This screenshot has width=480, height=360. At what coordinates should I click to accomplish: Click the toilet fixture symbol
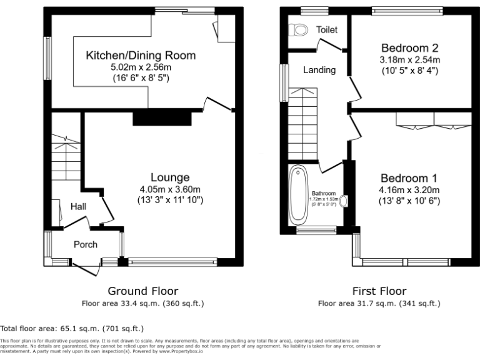[x=301, y=29]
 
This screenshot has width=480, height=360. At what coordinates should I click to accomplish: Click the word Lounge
[x=169, y=177]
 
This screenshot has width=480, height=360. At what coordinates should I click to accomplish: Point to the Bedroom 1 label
[x=410, y=177]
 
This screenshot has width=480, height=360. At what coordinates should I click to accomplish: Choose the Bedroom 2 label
[x=409, y=47]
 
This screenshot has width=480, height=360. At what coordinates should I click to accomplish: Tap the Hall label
[x=78, y=207]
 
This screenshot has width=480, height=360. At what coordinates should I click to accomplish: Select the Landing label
[x=319, y=70]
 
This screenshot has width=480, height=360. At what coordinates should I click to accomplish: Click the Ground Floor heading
[x=142, y=291]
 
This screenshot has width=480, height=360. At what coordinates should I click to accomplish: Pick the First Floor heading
[x=379, y=291]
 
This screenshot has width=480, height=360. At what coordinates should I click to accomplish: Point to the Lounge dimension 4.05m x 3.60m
[x=169, y=189]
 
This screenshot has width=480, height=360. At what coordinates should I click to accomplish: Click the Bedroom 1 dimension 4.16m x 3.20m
[x=410, y=190]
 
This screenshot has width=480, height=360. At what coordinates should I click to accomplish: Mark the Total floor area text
[x=72, y=327]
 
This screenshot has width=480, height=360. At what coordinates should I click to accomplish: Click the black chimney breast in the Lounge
[x=161, y=117]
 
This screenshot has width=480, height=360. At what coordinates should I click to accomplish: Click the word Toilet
[x=326, y=29]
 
